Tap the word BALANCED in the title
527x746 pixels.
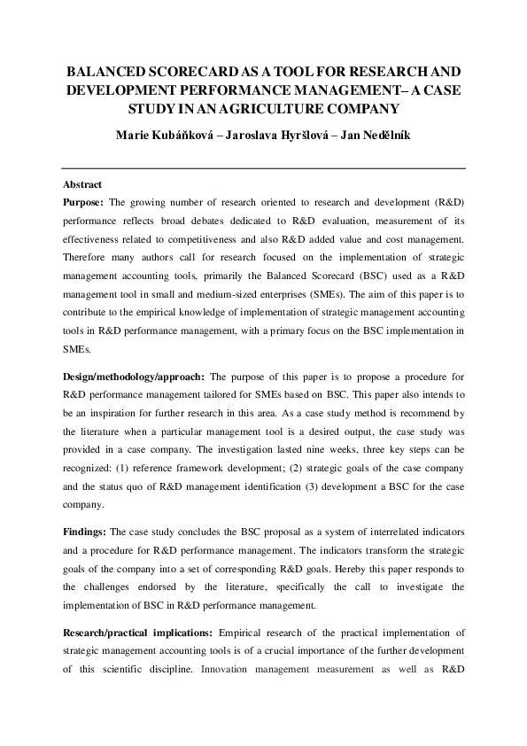pos(105,70)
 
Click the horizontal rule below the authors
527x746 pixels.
pos(263,167)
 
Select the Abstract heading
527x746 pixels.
pos(82,185)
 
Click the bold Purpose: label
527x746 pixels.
pos(85,203)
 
